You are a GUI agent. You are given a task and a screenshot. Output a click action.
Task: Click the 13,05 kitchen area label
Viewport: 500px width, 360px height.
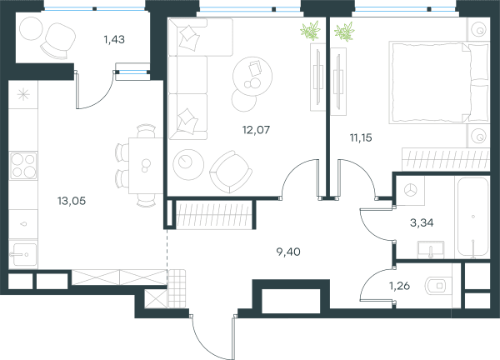click(x=72, y=201)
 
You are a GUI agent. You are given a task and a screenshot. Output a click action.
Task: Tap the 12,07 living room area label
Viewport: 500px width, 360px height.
click(x=256, y=130)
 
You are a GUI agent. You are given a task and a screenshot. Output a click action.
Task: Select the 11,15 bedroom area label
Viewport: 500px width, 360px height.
click(x=361, y=137)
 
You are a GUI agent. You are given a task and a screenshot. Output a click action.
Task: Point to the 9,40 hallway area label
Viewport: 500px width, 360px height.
click(x=288, y=252)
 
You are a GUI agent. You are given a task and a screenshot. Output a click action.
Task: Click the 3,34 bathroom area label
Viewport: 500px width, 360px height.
click(x=422, y=222)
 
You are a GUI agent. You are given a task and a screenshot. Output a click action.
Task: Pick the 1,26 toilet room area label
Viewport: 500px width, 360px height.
click(x=399, y=286)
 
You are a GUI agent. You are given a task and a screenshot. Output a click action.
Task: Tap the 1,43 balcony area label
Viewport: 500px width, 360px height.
click(x=114, y=39)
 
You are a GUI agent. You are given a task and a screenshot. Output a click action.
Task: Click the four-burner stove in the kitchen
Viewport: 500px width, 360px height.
click(x=23, y=166)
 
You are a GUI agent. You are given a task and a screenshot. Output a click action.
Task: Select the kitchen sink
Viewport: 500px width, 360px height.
click(x=23, y=254)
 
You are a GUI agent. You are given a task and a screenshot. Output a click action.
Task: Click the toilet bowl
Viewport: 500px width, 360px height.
click(x=439, y=286)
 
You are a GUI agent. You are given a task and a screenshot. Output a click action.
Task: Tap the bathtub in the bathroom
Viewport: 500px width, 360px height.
click(x=473, y=217)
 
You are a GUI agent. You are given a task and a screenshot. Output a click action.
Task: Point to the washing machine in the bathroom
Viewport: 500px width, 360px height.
click(x=410, y=191)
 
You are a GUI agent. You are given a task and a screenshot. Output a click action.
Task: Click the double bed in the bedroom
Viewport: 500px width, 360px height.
click(x=439, y=82)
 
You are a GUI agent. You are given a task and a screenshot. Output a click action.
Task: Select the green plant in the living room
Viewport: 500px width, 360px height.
click(x=310, y=31)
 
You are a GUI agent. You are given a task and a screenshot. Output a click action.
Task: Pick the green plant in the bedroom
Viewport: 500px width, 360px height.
click(x=344, y=32)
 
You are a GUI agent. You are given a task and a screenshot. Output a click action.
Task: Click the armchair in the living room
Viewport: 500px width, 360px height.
click(x=231, y=172)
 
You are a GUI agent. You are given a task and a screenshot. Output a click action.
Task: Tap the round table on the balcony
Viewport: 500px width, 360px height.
click(x=31, y=28)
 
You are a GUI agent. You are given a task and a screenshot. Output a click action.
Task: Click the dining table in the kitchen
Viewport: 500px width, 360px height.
click(x=146, y=166)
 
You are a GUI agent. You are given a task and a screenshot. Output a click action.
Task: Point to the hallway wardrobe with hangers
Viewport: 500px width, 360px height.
click(x=213, y=215)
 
